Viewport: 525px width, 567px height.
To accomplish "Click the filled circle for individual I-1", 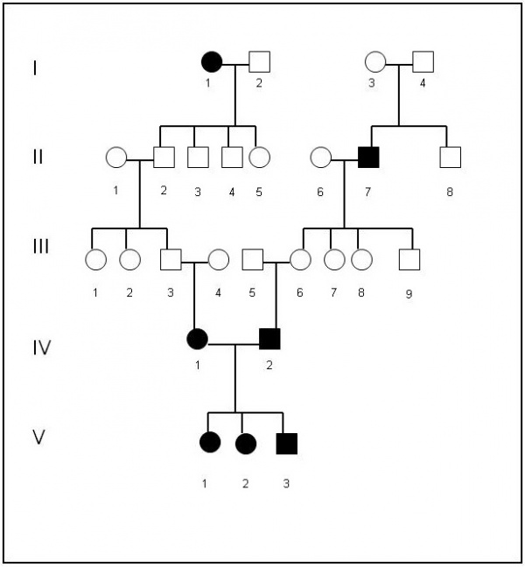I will coord(212,62).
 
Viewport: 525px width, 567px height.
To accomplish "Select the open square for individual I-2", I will coord(259,62).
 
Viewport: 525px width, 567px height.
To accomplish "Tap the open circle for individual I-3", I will coord(375,62).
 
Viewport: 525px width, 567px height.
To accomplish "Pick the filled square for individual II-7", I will coord(368,157).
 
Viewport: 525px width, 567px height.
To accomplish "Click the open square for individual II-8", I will coord(450,157).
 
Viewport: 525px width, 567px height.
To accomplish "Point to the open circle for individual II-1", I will coord(115,157).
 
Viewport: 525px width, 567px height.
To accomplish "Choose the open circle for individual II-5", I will coord(259,157).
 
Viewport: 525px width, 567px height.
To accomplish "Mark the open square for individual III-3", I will coord(171,259).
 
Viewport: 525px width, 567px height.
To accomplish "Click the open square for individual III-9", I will coord(409,259).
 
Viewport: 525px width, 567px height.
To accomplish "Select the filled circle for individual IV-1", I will coord(198,338).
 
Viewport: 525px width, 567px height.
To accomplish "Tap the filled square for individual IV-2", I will coord(269,338).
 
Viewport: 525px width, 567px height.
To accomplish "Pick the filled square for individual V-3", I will coord(286,444).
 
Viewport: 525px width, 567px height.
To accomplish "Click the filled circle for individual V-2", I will coord(246,444).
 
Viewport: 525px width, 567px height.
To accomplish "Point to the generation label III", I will coord(41,248).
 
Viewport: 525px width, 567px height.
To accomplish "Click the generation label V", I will coord(38,437).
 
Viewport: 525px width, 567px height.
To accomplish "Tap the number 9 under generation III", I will coord(409,294).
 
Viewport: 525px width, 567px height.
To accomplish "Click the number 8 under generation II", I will coord(450,192).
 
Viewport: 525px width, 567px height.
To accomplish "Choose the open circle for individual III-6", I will coord(301,259).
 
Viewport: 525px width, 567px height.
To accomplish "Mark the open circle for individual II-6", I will coord(321,157).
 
